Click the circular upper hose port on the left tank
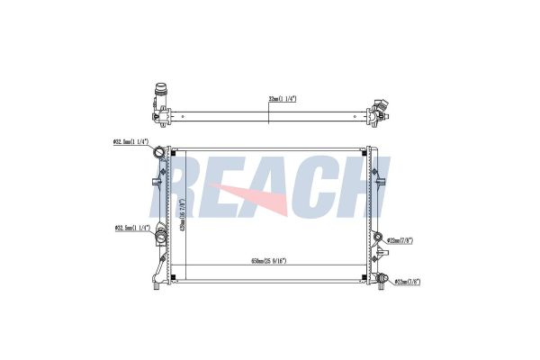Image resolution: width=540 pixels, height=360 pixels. pos(161,152)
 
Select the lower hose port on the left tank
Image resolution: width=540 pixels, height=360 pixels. pos(160,237)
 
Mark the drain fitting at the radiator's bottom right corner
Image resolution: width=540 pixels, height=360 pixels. pos(382,280)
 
